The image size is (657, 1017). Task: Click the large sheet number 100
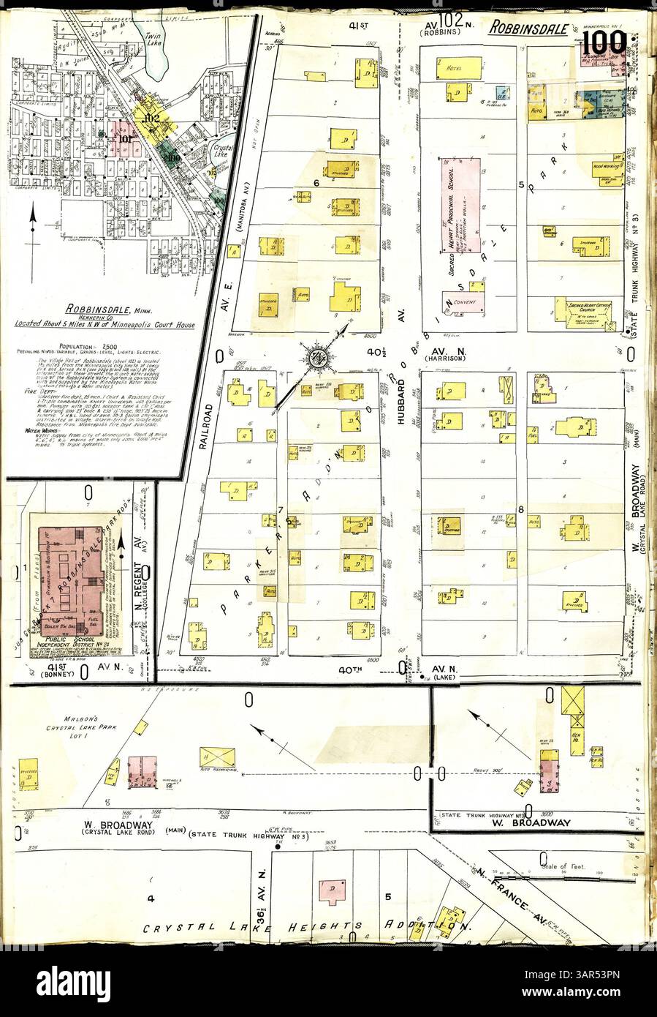pos(604,45)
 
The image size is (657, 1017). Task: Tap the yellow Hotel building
pos(459,69)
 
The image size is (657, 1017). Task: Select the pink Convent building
pos(462,301)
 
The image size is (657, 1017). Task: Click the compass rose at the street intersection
pos(319,359)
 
